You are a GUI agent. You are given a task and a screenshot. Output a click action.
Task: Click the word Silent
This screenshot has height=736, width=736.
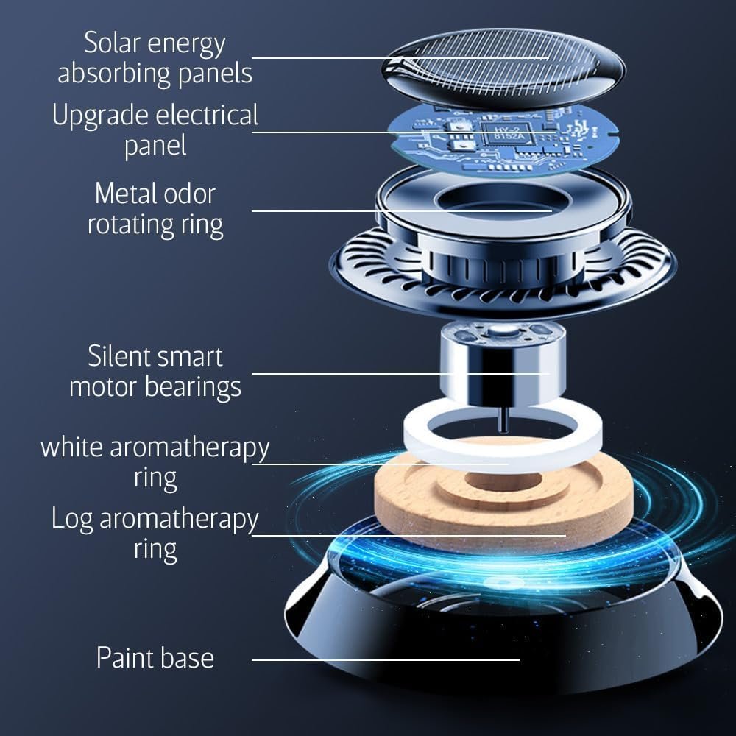point(118,356)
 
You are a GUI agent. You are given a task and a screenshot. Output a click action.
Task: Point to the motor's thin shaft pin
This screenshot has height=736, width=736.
point(502,422)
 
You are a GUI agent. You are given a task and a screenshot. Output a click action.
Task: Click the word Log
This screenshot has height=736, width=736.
point(71,520)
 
